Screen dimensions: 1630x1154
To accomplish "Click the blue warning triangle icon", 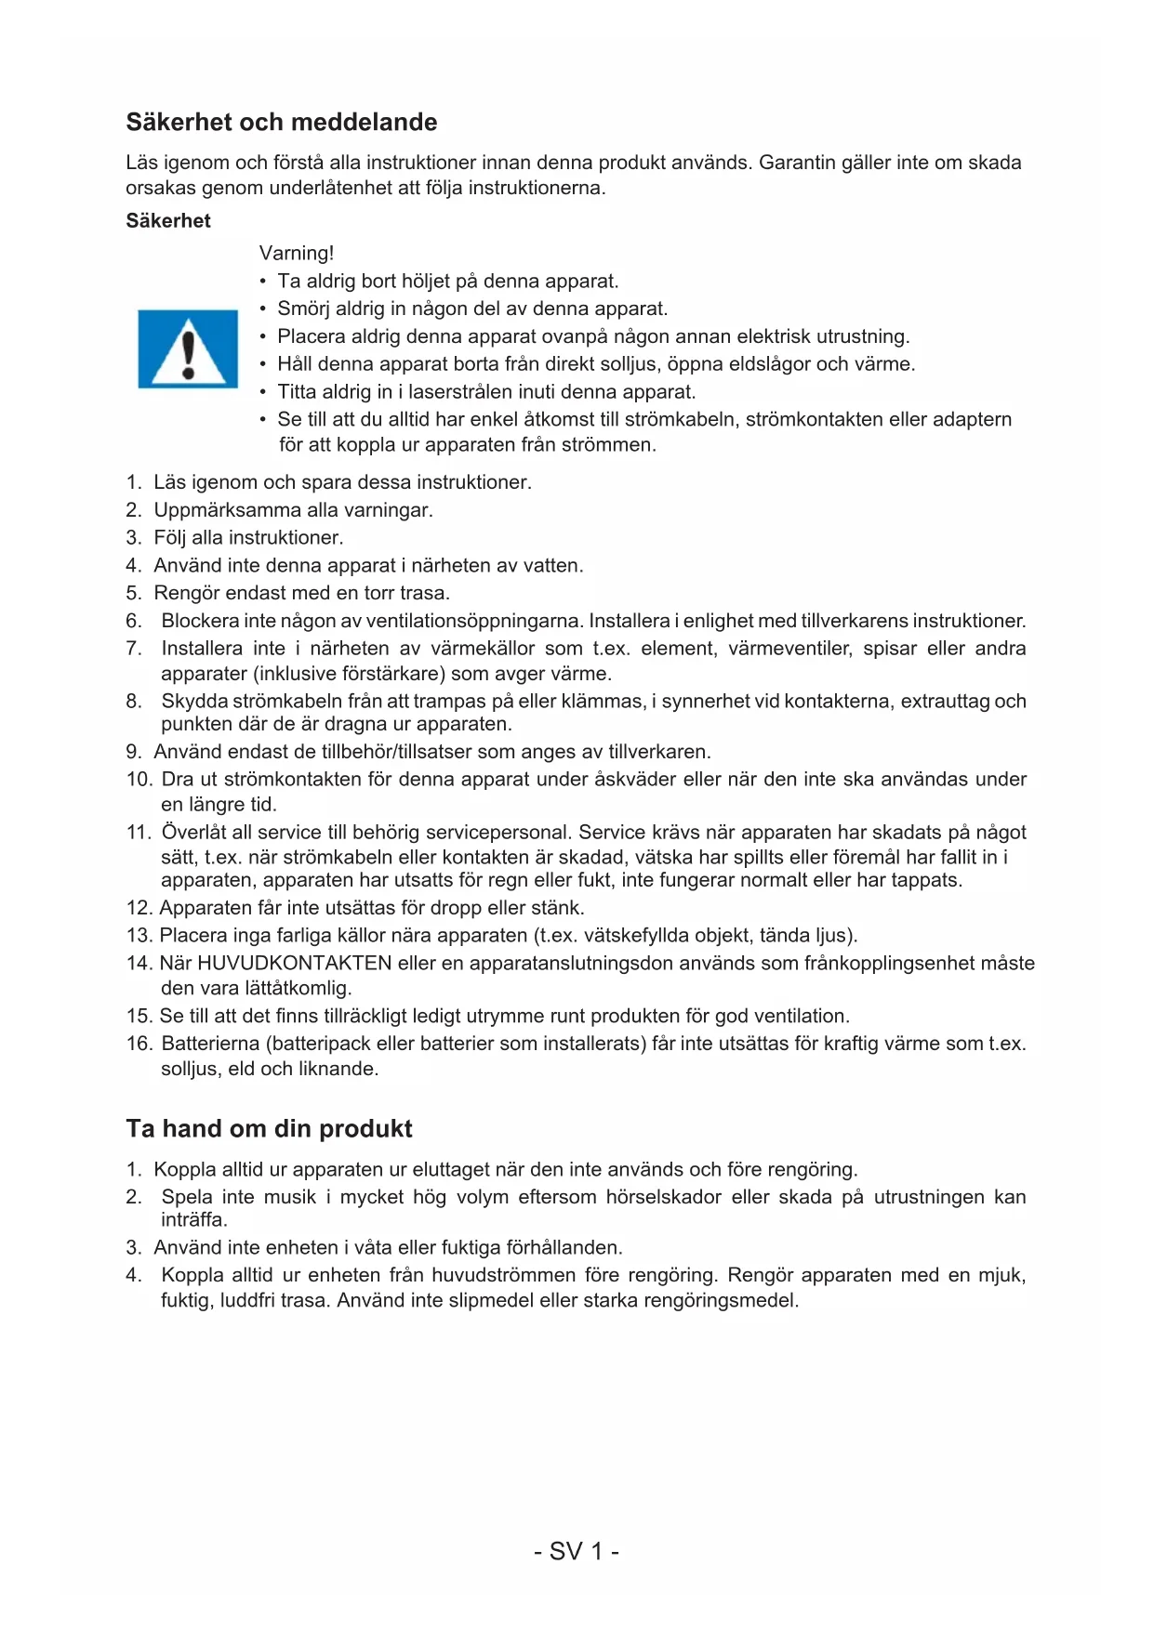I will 188,348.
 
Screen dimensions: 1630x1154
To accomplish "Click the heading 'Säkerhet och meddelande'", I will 281,123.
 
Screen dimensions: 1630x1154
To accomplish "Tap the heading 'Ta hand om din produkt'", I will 269,1129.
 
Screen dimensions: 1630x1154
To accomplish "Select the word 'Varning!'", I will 296,254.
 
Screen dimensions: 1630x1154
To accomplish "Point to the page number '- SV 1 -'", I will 577,1551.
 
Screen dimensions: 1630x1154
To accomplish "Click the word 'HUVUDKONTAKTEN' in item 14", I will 294,964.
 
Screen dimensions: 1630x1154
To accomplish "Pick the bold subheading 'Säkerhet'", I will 168,221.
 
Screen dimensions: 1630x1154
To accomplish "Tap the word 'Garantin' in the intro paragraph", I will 797,163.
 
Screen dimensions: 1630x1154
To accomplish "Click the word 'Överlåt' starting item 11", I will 192,833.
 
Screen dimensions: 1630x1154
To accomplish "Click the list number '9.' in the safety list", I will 134,752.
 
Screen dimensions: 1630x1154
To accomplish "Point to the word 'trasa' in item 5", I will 423,593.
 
